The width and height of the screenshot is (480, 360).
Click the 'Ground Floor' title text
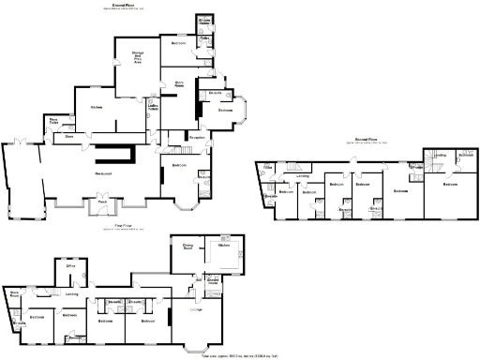pos(124,5)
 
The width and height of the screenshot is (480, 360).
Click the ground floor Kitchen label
pos(96,108)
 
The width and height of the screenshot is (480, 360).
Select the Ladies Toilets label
pos(152,109)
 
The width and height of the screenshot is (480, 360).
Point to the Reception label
pos(197,137)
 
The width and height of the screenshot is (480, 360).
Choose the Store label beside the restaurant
pos(69,137)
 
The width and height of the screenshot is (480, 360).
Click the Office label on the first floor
pos(69,266)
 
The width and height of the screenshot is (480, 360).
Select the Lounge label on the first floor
pos(197,309)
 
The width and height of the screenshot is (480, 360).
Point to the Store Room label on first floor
pos(14,294)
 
